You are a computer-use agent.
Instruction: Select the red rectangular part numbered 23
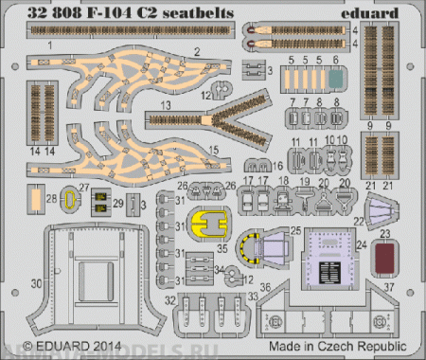click(382, 256)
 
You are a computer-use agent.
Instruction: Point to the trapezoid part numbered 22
click(382, 208)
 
